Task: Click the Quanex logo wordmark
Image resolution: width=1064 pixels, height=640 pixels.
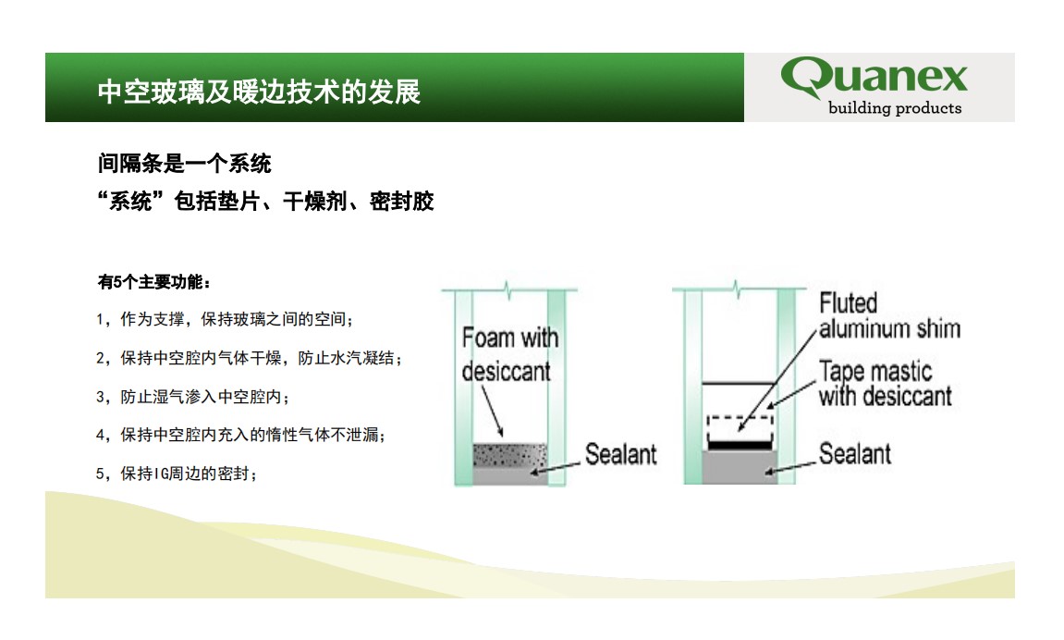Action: (x=874, y=76)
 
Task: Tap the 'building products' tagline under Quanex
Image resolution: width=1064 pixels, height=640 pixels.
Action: (x=894, y=108)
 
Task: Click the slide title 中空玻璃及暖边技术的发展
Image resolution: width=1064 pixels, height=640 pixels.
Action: (x=259, y=92)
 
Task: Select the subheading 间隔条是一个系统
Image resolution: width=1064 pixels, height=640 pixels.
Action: (x=185, y=164)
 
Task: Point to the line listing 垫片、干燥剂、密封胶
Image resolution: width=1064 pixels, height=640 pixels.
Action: (x=265, y=201)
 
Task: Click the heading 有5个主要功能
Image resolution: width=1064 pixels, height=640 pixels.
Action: (x=154, y=282)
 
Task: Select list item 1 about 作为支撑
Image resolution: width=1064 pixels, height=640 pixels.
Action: (x=225, y=319)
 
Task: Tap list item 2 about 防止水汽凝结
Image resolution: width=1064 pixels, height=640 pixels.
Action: (x=249, y=358)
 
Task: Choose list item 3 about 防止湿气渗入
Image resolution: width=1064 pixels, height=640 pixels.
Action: (x=192, y=397)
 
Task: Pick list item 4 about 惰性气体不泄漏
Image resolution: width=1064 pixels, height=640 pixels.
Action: (x=241, y=435)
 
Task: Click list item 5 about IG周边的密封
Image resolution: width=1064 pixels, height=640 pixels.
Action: (x=177, y=473)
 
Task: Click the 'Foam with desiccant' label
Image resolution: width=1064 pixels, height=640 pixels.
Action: (x=509, y=354)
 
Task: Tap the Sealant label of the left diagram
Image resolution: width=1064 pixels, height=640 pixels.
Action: (x=621, y=454)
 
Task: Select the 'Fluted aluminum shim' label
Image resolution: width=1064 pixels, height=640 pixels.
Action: (x=889, y=315)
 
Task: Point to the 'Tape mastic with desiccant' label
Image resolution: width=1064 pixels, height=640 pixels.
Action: (x=885, y=384)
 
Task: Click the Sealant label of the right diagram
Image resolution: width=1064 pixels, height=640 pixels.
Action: (x=855, y=453)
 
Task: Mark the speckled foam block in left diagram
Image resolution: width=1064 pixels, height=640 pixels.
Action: (x=509, y=455)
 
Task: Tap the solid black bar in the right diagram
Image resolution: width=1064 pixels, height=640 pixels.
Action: (x=740, y=446)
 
